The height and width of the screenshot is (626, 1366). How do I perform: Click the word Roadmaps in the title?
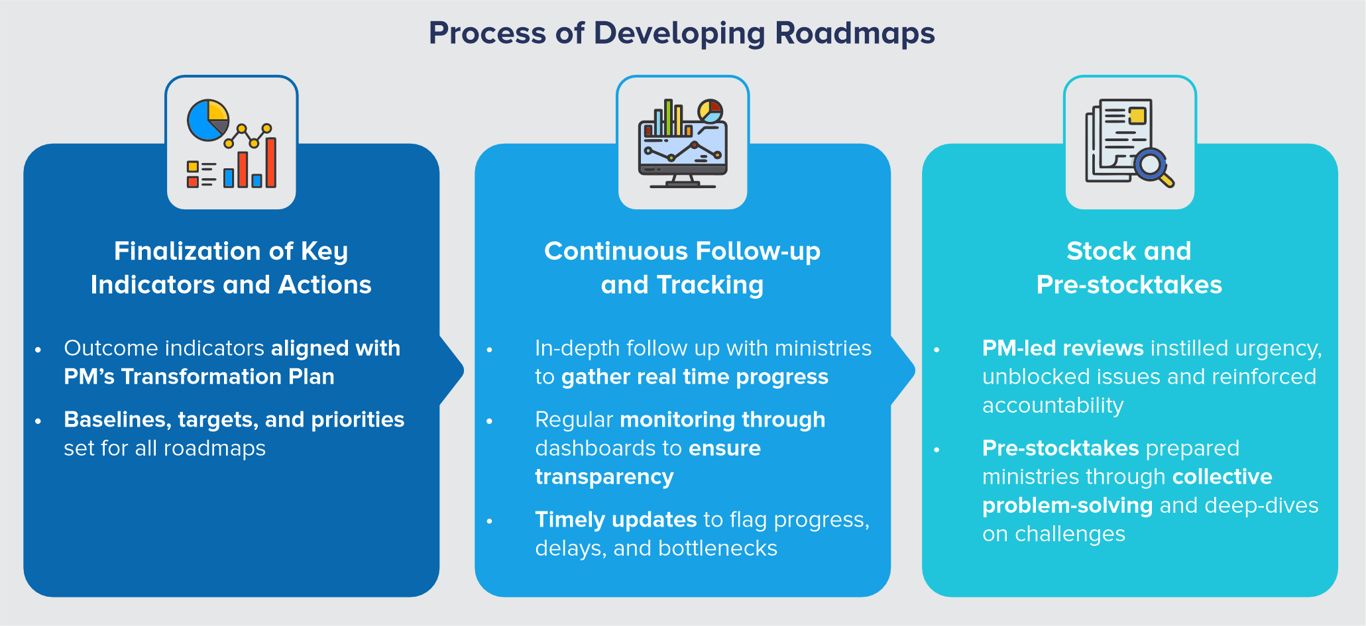pyautogui.click(x=854, y=33)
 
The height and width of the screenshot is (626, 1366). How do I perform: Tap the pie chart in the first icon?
pyautogui.click(x=207, y=120)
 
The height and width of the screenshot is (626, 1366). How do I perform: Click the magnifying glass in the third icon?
pyautogui.click(x=1152, y=165)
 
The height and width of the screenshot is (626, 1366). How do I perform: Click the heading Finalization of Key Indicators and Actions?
pyautogui.click(x=231, y=268)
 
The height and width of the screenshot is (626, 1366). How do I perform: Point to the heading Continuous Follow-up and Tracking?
pyautogui.click(x=682, y=268)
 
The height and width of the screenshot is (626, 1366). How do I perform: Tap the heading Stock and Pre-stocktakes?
pyautogui.click(x=1129, y=268)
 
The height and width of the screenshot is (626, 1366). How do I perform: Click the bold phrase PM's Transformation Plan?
pyautogui.click(x=199, y=377)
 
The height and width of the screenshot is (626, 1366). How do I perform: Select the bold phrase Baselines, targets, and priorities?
pyautogui.click(x=234, y=419)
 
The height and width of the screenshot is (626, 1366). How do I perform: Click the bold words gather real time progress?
pyautogui.click(x=695, y=377)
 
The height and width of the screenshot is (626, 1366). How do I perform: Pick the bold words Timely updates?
pyautogui.click(x=615, y=520)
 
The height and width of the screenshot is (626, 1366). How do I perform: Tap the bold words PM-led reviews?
pyautogui.click(x=1062, y=348)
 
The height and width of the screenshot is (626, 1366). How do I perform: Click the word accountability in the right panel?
pyautogui.click(x=1053, y=405)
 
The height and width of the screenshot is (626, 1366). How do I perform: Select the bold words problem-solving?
pyautogui.click(x=1067, y=505)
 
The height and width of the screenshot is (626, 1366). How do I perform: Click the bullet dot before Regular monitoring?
pyautogui.click(x=489, y=421)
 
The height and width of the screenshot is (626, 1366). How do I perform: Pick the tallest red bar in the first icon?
pyautogui.click(x=270, y=162)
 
